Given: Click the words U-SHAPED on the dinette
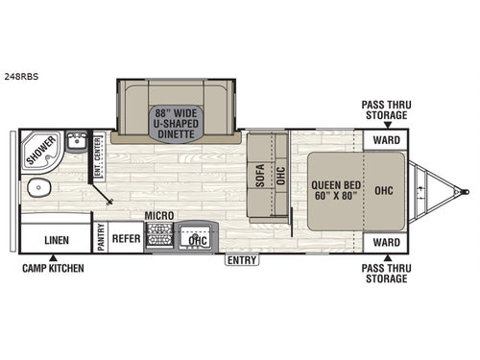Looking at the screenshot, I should coord(176,122).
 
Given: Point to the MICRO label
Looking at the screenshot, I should coord(157,218).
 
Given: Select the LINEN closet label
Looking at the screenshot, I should coord(56,238).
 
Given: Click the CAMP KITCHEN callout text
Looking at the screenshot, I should coord(54,268).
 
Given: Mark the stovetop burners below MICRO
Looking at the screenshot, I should coord(158,236).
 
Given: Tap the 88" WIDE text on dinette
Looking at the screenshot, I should coord(176,109).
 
